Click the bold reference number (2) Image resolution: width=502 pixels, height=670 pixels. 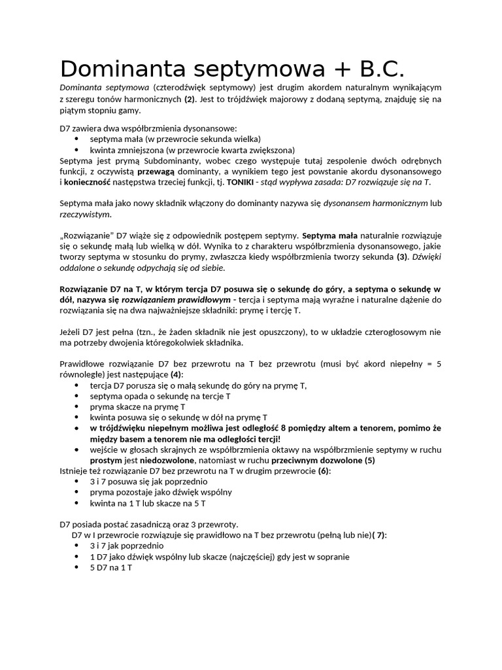[x=190, y=99]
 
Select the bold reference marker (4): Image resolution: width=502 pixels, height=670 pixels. [x=176, y=375]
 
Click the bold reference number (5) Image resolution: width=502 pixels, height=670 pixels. [x=369, y=460]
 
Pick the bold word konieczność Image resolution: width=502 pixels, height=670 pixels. [x=88, y=181]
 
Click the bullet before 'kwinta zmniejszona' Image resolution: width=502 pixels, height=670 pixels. [x=77, y=150]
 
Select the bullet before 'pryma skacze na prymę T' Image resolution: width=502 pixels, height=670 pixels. [x=77, y=406]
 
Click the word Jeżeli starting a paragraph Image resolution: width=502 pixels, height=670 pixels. [x=73, y=332]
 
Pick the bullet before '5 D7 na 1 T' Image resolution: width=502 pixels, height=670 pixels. [x=77, y=567]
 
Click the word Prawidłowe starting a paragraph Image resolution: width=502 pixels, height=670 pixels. [x=83, y=364]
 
